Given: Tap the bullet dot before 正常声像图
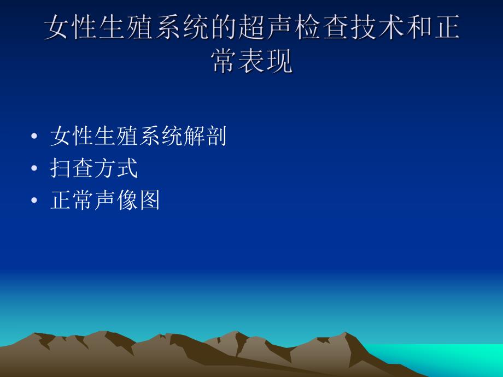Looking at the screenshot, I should click(36, 201).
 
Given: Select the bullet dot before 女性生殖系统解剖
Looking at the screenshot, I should click(36, 137).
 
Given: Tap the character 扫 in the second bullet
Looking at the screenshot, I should click(61, 169).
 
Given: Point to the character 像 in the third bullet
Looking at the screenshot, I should click(127, 201).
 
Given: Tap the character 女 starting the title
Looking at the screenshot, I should click(57, 28).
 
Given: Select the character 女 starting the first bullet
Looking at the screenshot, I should click(61, 137).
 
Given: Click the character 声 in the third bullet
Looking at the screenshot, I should click(105, 201).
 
